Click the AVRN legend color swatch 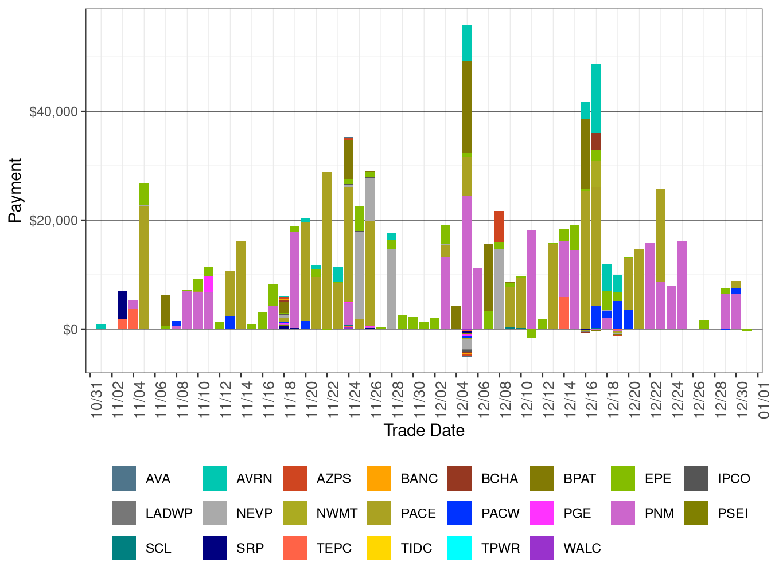215,479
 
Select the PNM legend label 659,514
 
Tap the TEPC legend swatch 295,548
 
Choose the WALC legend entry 582,548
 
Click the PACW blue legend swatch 460,514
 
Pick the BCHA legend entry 499,479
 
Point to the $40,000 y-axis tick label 53,112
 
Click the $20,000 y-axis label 53,221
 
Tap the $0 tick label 71,330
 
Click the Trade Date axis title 424,430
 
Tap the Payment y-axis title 15,190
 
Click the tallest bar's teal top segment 468,43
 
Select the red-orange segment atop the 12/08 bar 500,226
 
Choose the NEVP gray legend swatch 215,514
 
